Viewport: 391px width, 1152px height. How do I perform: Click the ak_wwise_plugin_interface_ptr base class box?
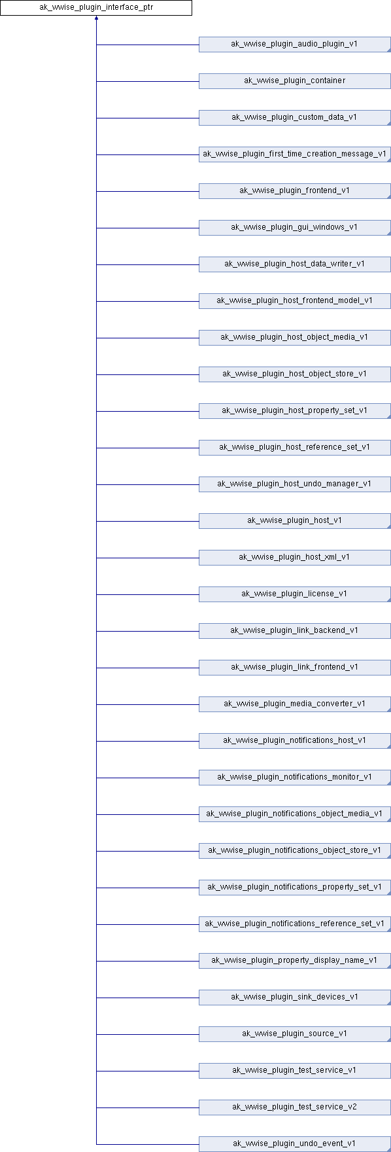[x=95, y=8]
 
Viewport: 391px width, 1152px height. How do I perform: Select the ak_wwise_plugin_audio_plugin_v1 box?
[x=294, y=45]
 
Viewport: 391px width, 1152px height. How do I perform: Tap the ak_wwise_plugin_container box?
[x=294, y=81]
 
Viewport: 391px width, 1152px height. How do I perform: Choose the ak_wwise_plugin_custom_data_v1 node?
[x=294, y=118]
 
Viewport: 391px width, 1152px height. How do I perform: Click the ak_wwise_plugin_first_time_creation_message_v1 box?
[x=294, y=154]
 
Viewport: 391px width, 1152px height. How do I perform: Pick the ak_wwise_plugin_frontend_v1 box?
[x=294, y=191]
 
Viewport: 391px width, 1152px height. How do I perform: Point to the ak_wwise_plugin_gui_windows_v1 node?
[x=294, y=228]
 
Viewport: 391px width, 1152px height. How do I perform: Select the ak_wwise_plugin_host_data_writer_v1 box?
[x=294, y=264]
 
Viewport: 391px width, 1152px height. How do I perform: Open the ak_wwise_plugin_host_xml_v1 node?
[x=294, y=558]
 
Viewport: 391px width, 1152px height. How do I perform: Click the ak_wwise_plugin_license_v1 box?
[x=294, y=594]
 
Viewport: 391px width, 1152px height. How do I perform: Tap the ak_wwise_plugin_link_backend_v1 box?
[x=294, y=631]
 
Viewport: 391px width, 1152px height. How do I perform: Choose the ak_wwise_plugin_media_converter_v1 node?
[x=294, y=704]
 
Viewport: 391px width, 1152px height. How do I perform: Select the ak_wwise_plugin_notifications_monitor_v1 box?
[x=294, y=778]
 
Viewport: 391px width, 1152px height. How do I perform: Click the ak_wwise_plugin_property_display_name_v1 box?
[x=294, y=961]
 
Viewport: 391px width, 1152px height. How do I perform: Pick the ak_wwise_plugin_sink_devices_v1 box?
[x=294, y=998]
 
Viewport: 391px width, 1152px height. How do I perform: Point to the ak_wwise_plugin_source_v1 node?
[x=294, y=1034]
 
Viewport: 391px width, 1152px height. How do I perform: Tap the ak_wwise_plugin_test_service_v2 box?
[x=294, y=1107]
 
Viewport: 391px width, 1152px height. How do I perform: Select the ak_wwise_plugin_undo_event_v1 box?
[x=294, y=1144]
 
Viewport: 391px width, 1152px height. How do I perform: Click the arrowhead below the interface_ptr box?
[x=96, y=19]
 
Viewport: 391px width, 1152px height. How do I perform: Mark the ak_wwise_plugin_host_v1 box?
[x=294, y=521]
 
